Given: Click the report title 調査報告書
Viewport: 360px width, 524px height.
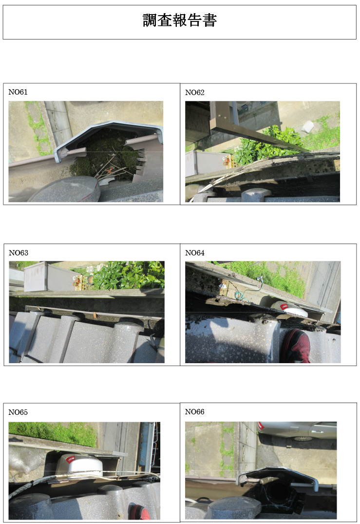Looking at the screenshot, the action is [180, 20].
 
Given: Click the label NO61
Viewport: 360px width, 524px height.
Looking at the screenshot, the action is [18, 92].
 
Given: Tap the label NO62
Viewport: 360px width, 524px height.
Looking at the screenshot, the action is [195, 93].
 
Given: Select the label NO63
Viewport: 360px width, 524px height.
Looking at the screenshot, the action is [19, 253].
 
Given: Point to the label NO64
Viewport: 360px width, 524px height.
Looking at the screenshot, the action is [195, 253].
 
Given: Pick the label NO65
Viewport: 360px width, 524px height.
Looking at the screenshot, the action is [18, 412].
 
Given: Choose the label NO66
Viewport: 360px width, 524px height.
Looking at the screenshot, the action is [195, 412].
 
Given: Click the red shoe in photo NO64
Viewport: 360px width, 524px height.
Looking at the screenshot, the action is [297, 346].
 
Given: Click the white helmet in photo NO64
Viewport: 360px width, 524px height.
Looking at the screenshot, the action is [288, 308].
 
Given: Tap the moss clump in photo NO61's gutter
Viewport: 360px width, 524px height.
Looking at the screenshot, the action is [107, 154].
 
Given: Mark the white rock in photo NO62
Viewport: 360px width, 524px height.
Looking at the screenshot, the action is [307, 127].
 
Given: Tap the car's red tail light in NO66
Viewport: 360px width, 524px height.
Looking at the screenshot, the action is [261, 426].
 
